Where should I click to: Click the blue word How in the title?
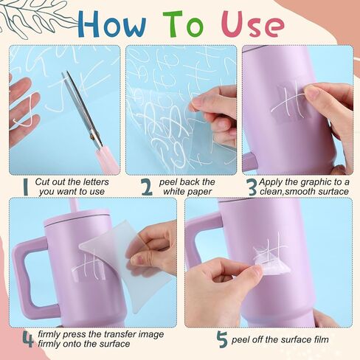(112, 24)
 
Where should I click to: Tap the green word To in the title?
(183, 24)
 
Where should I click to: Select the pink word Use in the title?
(255, 24)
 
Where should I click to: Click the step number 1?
(26, 187)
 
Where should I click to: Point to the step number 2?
(147, 187)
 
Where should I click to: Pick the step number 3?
(252, 187)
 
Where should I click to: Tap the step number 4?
(28, 339)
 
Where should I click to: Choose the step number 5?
(222, 339)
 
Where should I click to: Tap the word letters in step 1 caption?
(96, 182)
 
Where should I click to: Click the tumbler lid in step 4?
(77, 218)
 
